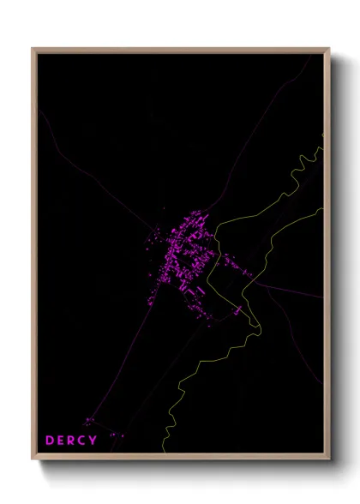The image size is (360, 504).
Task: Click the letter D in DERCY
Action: pos(50,441)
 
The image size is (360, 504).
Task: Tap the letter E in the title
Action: pos(62,441)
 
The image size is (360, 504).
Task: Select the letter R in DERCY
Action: pos(73,441)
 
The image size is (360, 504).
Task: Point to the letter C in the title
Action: pos(84,441)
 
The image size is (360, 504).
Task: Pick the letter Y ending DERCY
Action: pos(95,441)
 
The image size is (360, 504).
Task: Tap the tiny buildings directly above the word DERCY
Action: pos(89,421)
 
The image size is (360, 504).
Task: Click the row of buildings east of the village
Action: pos(234,267)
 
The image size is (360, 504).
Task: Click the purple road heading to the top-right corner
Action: pos(257,129)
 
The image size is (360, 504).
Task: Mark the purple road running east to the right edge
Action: pos(291,291)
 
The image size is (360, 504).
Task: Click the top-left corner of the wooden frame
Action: pos(33,49)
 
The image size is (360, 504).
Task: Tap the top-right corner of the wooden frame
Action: pos(329,49)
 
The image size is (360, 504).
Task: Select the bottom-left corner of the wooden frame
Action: pos(33,460)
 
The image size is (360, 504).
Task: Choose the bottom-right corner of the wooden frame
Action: pos(329,460)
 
